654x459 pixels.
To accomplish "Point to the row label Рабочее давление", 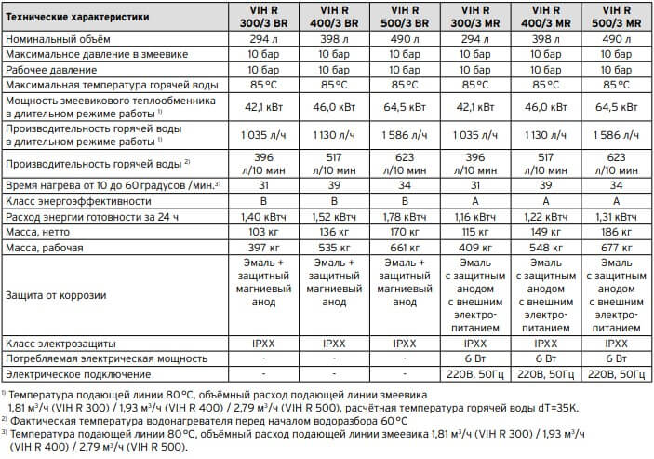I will pyautogui.click(x=51, y=71).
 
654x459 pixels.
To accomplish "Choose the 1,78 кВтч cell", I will pyautogui.click(x=405, y=216).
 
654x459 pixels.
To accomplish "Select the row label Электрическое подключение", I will pyautogui.click(x=76, y=372).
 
